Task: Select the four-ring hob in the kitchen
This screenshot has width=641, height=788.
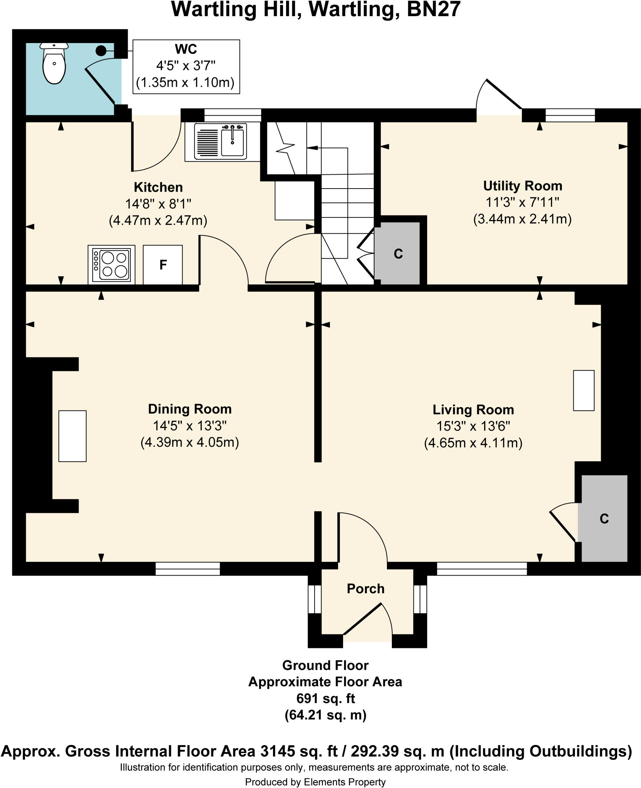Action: click(x=112, y=264)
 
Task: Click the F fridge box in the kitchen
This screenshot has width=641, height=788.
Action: click(x=163, y=265)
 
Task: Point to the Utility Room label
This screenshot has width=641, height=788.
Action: click(x=522, y=186)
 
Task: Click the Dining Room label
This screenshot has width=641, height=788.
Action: click(x=190, y=409)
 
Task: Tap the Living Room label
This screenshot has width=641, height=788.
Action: click(x=473, y=410)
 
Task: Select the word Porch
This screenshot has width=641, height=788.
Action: click(x=365, y=589)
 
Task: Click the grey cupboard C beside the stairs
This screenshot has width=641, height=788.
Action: click(x=398, y=254)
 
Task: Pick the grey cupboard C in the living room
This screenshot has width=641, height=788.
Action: click(x=604, y=519)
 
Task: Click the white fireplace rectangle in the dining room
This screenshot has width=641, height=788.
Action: click(x=72, y=436)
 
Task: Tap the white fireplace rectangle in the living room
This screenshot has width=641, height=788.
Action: click(x=583, y=391)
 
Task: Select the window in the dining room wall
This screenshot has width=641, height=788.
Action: click(x=187, y=569)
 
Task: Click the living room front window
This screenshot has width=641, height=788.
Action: click(x=481, y=569)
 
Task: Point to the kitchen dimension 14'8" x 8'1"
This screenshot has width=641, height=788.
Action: click(x=158, y=204)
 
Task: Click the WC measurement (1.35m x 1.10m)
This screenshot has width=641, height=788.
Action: click(x=185, y=83)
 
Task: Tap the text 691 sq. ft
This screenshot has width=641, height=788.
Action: click(x=325, y=698)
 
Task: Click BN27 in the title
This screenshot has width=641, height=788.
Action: click(x=433, y=10)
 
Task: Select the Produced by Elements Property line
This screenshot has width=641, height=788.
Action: click(x=315, y=782)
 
